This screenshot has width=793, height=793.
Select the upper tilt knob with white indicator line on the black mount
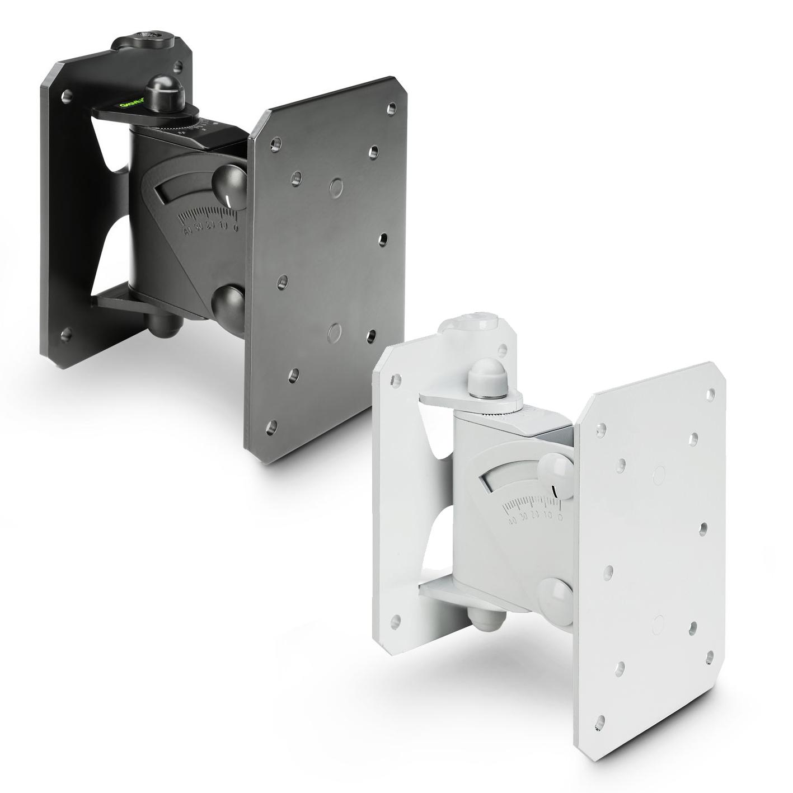click(228, 182)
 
